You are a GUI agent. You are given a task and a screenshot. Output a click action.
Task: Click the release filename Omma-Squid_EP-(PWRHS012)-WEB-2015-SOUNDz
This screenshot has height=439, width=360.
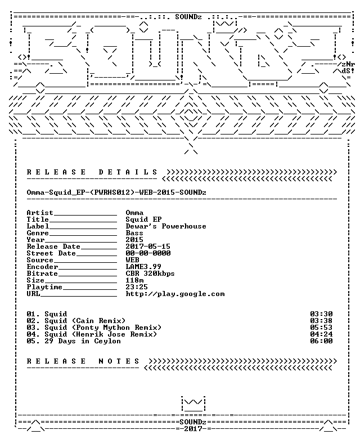click(x=116, y=192)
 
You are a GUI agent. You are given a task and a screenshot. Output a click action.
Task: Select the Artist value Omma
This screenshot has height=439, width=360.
click(x=134, y=213)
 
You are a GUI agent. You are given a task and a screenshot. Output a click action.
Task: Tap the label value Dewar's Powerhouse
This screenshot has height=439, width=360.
click(x=166, y=226)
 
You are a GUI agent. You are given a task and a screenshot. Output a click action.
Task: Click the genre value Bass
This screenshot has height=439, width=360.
click(x=134, y=233)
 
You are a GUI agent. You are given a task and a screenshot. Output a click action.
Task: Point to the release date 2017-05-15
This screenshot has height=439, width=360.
click(x=148, y=247)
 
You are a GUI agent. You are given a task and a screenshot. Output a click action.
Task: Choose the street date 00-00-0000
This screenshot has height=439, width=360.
click(x=148, y=253)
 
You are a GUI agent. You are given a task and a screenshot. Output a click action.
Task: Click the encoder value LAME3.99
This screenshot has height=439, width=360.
click(x=143, y=267)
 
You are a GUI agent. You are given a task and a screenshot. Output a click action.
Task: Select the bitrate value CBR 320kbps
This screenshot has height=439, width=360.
click(x=150, y=274)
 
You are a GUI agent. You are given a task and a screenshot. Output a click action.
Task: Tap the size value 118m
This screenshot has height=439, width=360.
click(x=134, y=280)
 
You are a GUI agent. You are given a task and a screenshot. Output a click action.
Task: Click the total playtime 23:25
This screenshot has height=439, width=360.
click(x=137, y=286)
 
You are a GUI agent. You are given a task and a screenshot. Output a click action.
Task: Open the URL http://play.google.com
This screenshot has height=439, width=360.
click(x=175, y=294)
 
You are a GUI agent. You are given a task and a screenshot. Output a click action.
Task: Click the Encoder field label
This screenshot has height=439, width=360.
click(x=42, y=267)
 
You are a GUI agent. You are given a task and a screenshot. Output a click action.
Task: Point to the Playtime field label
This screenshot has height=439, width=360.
click(x=44, y=287)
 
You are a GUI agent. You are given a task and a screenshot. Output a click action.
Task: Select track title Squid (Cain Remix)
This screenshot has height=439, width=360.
click(x=85, y=321)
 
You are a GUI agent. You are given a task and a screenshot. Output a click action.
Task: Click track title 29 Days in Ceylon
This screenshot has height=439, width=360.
click(x=83, y=341)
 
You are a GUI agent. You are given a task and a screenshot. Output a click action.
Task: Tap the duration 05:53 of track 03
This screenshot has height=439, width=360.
click(x=321, y=328)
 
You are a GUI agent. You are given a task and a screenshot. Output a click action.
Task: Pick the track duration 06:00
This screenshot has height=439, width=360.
click(x=321, y=341)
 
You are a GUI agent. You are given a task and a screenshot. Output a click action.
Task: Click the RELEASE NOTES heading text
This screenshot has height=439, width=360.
click(x=83, y=361)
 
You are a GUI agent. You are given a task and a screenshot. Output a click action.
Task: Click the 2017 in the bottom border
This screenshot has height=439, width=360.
click(x=193, y=429)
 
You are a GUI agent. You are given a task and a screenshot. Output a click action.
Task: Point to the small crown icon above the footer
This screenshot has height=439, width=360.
click(x=193, y=404)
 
